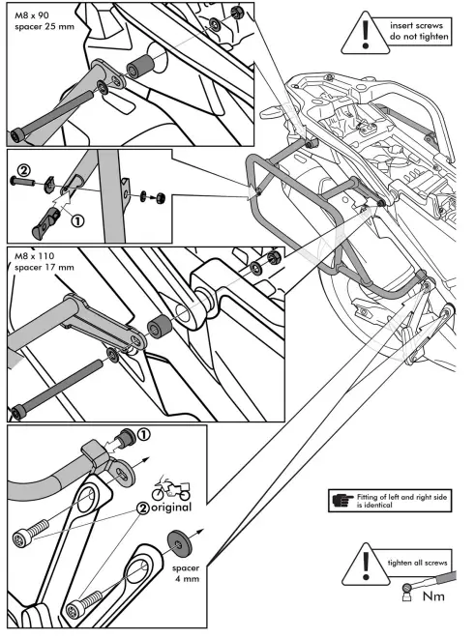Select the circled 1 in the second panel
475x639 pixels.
[x=77, y=218]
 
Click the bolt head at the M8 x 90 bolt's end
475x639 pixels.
[x=16, y=133]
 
